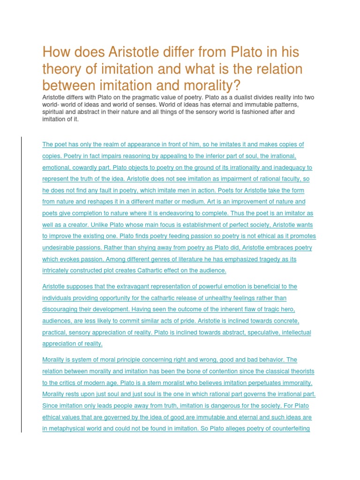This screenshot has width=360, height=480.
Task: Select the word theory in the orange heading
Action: [x=60, y=69]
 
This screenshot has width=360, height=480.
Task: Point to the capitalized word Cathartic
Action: [x=149, y=270]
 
